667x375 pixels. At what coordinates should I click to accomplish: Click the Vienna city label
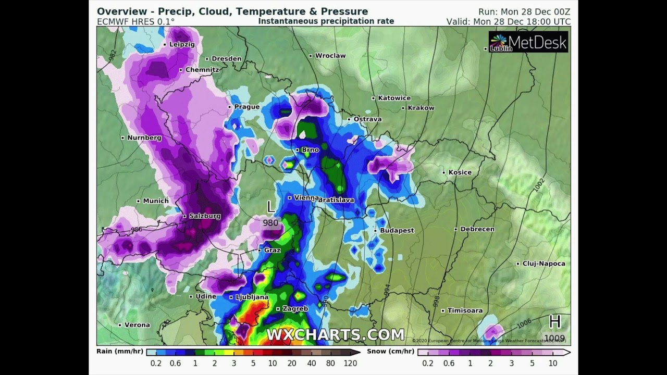306,198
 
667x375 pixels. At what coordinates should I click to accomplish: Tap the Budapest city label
397,230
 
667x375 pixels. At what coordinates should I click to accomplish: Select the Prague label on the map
246,107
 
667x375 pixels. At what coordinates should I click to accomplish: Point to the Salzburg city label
204,216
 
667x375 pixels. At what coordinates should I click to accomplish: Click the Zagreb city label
295,309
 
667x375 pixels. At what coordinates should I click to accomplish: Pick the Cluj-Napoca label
544,264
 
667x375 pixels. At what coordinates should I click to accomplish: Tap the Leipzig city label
182,45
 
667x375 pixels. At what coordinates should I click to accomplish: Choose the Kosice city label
460,172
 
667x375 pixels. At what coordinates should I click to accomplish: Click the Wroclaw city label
330,56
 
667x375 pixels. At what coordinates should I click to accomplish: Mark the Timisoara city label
465,310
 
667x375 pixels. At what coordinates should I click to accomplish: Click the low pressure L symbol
270,207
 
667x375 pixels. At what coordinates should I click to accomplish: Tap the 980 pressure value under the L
270,223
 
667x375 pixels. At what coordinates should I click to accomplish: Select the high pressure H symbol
555,322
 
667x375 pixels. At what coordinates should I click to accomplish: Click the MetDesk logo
528,42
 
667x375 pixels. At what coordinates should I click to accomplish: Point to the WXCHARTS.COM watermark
336,334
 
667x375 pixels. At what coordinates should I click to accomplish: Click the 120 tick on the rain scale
351,364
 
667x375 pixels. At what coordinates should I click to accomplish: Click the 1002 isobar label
538,186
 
